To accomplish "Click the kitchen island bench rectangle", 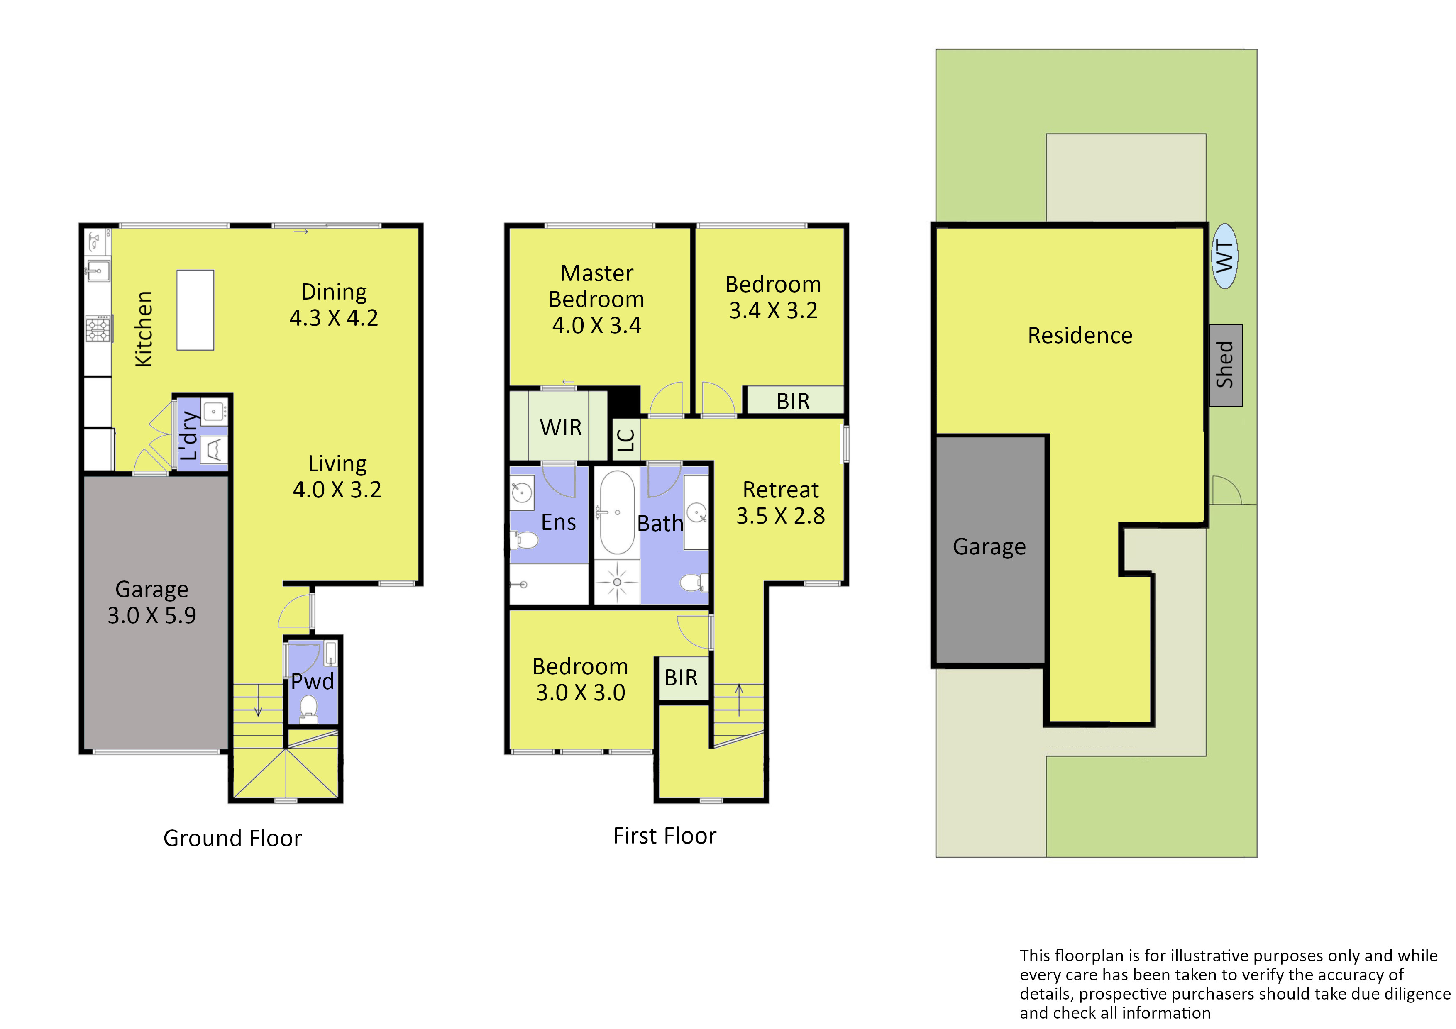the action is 195,310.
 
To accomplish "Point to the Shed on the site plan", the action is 1226,365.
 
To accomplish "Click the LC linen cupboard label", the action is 626,439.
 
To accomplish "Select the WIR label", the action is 561,427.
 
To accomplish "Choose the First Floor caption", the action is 664,836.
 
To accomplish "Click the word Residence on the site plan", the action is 1080,335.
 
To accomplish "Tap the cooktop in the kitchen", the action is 98,329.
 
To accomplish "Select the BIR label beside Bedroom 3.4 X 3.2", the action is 793,401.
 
